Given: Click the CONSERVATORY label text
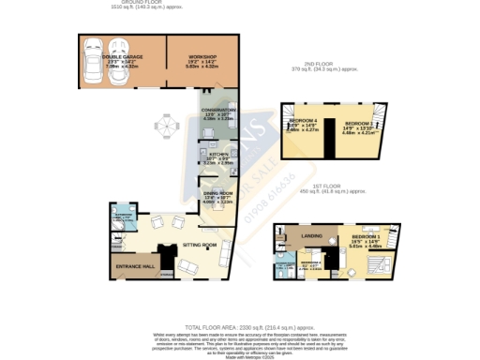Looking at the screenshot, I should tap(217, 110).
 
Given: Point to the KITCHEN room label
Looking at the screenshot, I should tap(218, 153).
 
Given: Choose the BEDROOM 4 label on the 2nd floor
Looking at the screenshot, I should tap(302, 122).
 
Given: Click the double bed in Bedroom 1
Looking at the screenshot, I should tap(375, 265).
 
